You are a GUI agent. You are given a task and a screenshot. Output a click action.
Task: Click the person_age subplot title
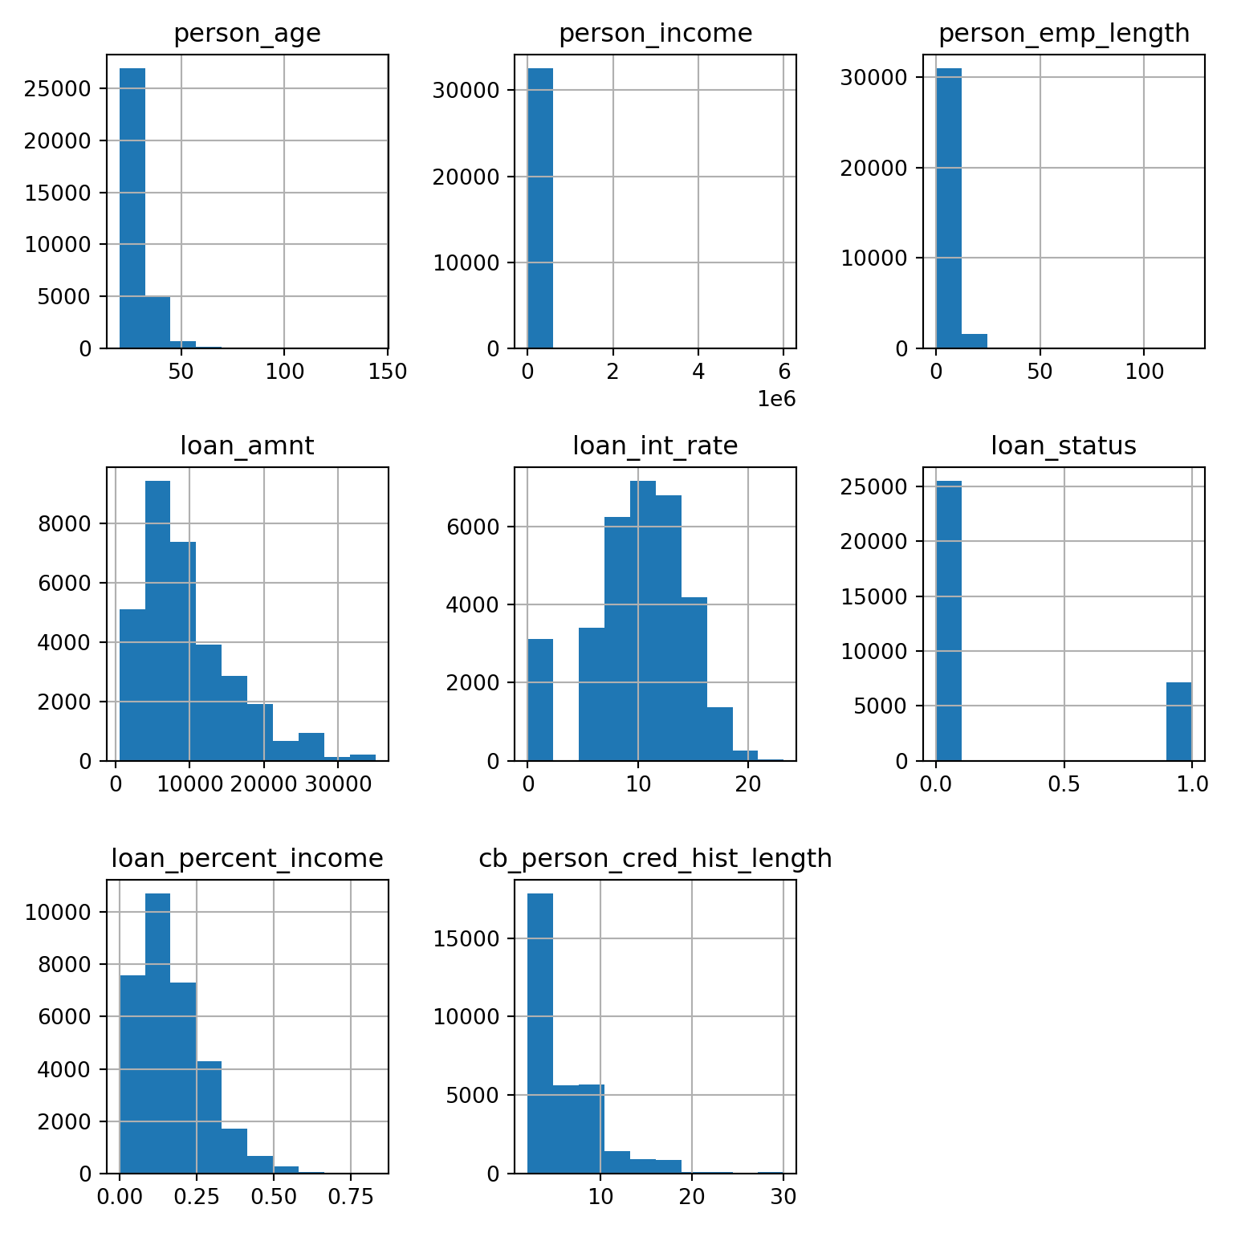pyautogui.click(x=246, y=33)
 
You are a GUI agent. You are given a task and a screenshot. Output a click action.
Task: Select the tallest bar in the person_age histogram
pyautogui.click(x=132, y=208)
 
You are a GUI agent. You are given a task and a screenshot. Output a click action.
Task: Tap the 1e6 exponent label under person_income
pyautogui.click(x=776, y=399)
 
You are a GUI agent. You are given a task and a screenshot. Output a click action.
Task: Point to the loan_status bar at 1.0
pyautogui.click(x=1178, y=721)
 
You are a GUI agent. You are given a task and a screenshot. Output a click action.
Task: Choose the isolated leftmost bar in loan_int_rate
pyautogui.click(x=539, y=699)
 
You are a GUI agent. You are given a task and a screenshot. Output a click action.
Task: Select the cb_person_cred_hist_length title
pyautogui.click(x=655, y=858)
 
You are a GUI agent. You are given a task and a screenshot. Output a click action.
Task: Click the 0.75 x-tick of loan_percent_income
pyautogui.click(x=350, y=1197)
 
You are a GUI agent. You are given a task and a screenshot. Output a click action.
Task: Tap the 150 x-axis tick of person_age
pyautogui.click(x=386, y=372)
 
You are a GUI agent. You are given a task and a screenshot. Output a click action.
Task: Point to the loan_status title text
pyautogui.click(x=1063, y=446)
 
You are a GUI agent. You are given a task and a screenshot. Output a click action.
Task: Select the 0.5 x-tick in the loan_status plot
pyautogui.click(x=1064, y=784)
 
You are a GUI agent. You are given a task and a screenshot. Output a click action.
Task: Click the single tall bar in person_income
pyautogui.click(x=539, y=208)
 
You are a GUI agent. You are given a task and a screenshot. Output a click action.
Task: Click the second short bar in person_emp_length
pyautogui.click(x=974, y=340)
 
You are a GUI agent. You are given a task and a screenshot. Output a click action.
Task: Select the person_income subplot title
pyautogui.click(x=655, y=33)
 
